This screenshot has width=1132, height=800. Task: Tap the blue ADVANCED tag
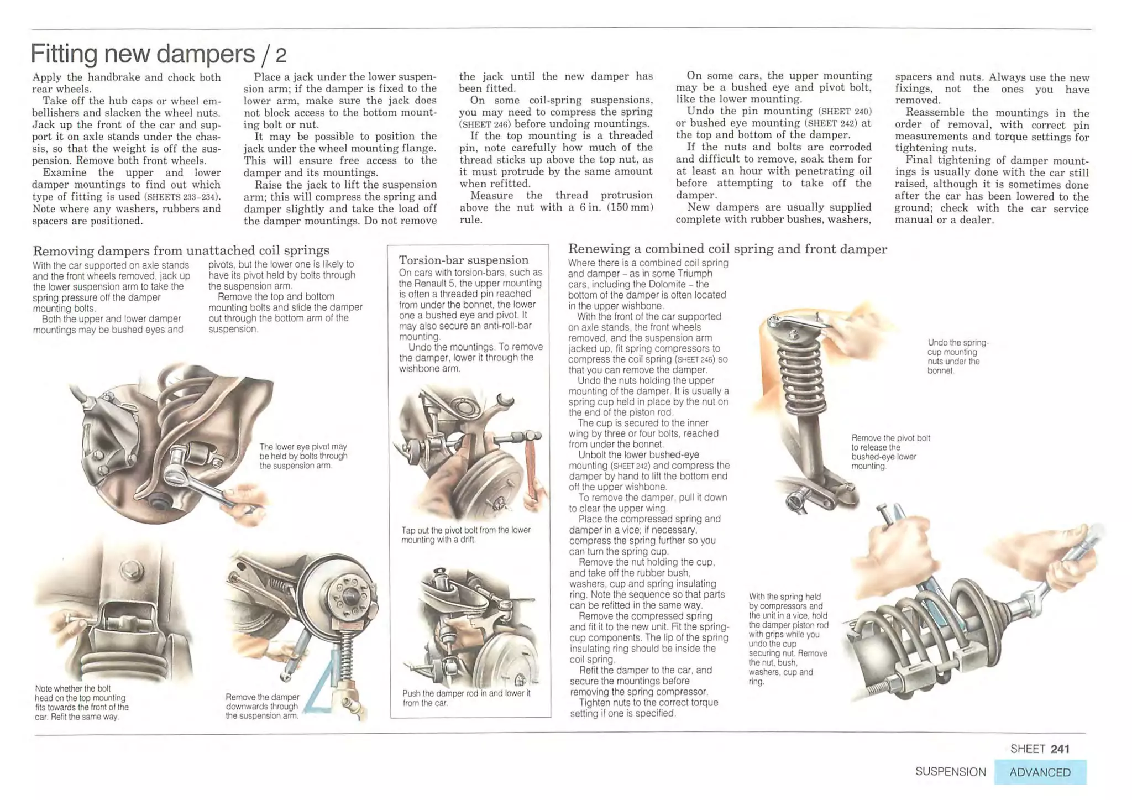[x=1040, y=772]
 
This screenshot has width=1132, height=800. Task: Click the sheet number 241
[x=1060, y=749]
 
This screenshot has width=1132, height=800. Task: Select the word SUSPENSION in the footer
[x=950, y=772]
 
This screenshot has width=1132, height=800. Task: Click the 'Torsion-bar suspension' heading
[x=463, y=260]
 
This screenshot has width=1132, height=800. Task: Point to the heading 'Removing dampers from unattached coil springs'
[x=181, y=250]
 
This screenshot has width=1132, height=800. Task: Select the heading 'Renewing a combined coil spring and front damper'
[x=727, y=249]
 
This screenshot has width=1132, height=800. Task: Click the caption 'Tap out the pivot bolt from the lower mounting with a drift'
[x=465, y=535]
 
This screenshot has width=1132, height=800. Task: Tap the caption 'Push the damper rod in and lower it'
[x=466, y=698]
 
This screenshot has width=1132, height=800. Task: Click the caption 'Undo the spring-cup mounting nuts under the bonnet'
[x=958, y=357]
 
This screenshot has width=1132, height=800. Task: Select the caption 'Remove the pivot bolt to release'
[x=890, y=452]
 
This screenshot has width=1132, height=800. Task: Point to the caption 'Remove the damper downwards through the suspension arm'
[x=262, y=706]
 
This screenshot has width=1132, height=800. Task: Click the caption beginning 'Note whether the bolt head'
[x=81, y=702]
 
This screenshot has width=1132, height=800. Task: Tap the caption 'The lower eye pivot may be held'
[x=303, y=456]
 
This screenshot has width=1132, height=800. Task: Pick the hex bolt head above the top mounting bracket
[x=132, y=567]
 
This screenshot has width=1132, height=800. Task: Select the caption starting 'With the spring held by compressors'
[x=788, y=639]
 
